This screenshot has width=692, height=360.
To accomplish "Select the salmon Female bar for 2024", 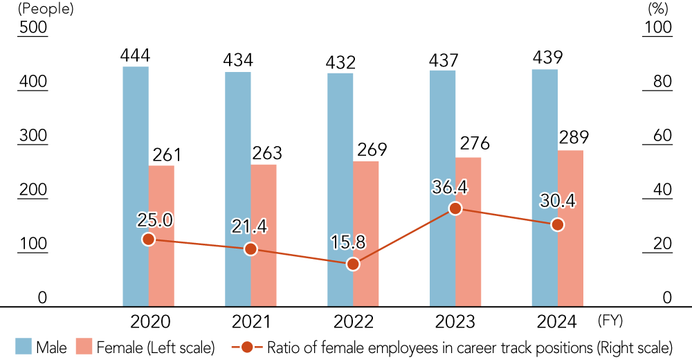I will click(570, 228).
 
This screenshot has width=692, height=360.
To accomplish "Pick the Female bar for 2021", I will click(264, 235).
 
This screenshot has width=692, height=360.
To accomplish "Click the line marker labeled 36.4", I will click(455, 208).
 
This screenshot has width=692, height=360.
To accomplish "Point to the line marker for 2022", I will click(353, 264).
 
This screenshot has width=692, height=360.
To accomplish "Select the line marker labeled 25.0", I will click(148, 239).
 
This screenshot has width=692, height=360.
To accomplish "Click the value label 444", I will click(136, 55).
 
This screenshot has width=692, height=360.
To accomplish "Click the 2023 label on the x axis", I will click(455, 322).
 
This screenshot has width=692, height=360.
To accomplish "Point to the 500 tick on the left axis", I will click(32, 28).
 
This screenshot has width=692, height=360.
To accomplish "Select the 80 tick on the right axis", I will click(658, 82).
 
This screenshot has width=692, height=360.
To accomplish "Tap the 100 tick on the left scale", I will click(32, 244).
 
